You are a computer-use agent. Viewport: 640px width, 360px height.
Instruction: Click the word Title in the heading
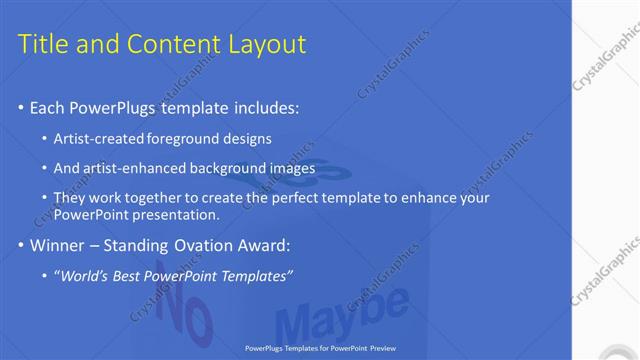[43, 44]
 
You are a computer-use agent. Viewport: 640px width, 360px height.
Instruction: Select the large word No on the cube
[190, 312]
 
